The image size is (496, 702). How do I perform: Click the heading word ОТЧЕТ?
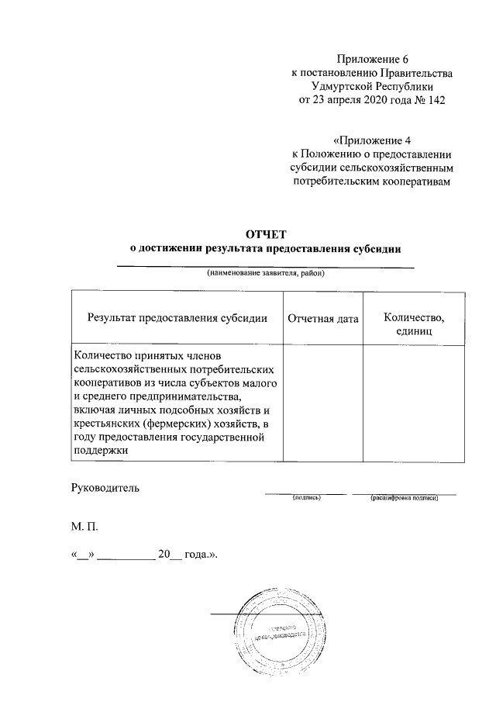[x=266, y=233]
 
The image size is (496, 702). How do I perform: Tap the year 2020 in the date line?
[x=363, y=100]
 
